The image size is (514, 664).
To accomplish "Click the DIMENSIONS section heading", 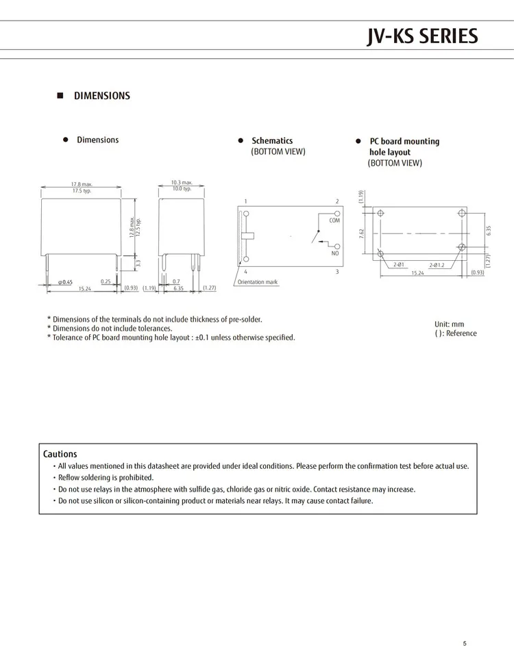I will click(101, 96).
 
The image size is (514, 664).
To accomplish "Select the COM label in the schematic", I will click(334, 221).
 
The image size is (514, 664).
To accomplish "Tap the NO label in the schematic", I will click(335, 254).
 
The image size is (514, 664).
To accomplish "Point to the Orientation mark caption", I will click(258, 282).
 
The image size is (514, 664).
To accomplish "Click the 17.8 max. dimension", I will click(82, 184).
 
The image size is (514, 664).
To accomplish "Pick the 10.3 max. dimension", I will click(182, 183).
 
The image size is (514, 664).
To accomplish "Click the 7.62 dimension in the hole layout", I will click(361, 233).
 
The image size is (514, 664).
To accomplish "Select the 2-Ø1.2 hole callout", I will click(437, 265).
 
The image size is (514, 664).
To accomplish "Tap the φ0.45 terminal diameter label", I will click(65, 281).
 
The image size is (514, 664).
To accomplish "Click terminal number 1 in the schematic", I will click(245, 201).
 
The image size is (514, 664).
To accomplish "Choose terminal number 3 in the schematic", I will click(337, 272).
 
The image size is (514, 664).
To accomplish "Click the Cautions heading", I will click(60, 454).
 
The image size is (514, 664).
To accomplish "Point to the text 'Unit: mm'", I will click(450, 324).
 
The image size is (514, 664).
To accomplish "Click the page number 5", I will click(464, 643).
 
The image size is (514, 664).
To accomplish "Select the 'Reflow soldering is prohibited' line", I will click(106, 478).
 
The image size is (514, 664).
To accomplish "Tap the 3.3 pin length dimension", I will click(138, 262).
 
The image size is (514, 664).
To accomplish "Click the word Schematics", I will click(272, 141).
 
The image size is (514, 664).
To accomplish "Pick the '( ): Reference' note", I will click(455, 333).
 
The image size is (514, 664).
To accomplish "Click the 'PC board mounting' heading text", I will click(404, 142).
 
